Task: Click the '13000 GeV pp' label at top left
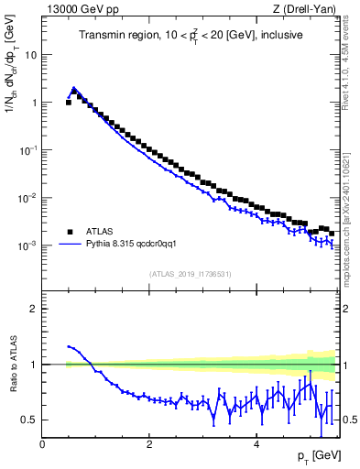point(77,9)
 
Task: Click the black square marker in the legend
point(69,232)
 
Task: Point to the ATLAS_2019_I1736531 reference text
point(191,274)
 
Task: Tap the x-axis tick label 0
point(43,445)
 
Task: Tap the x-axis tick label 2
point(149,445)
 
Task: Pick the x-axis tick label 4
point(256,445)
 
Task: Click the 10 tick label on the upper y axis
point(31,55)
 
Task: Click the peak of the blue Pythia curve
point(74,89)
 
